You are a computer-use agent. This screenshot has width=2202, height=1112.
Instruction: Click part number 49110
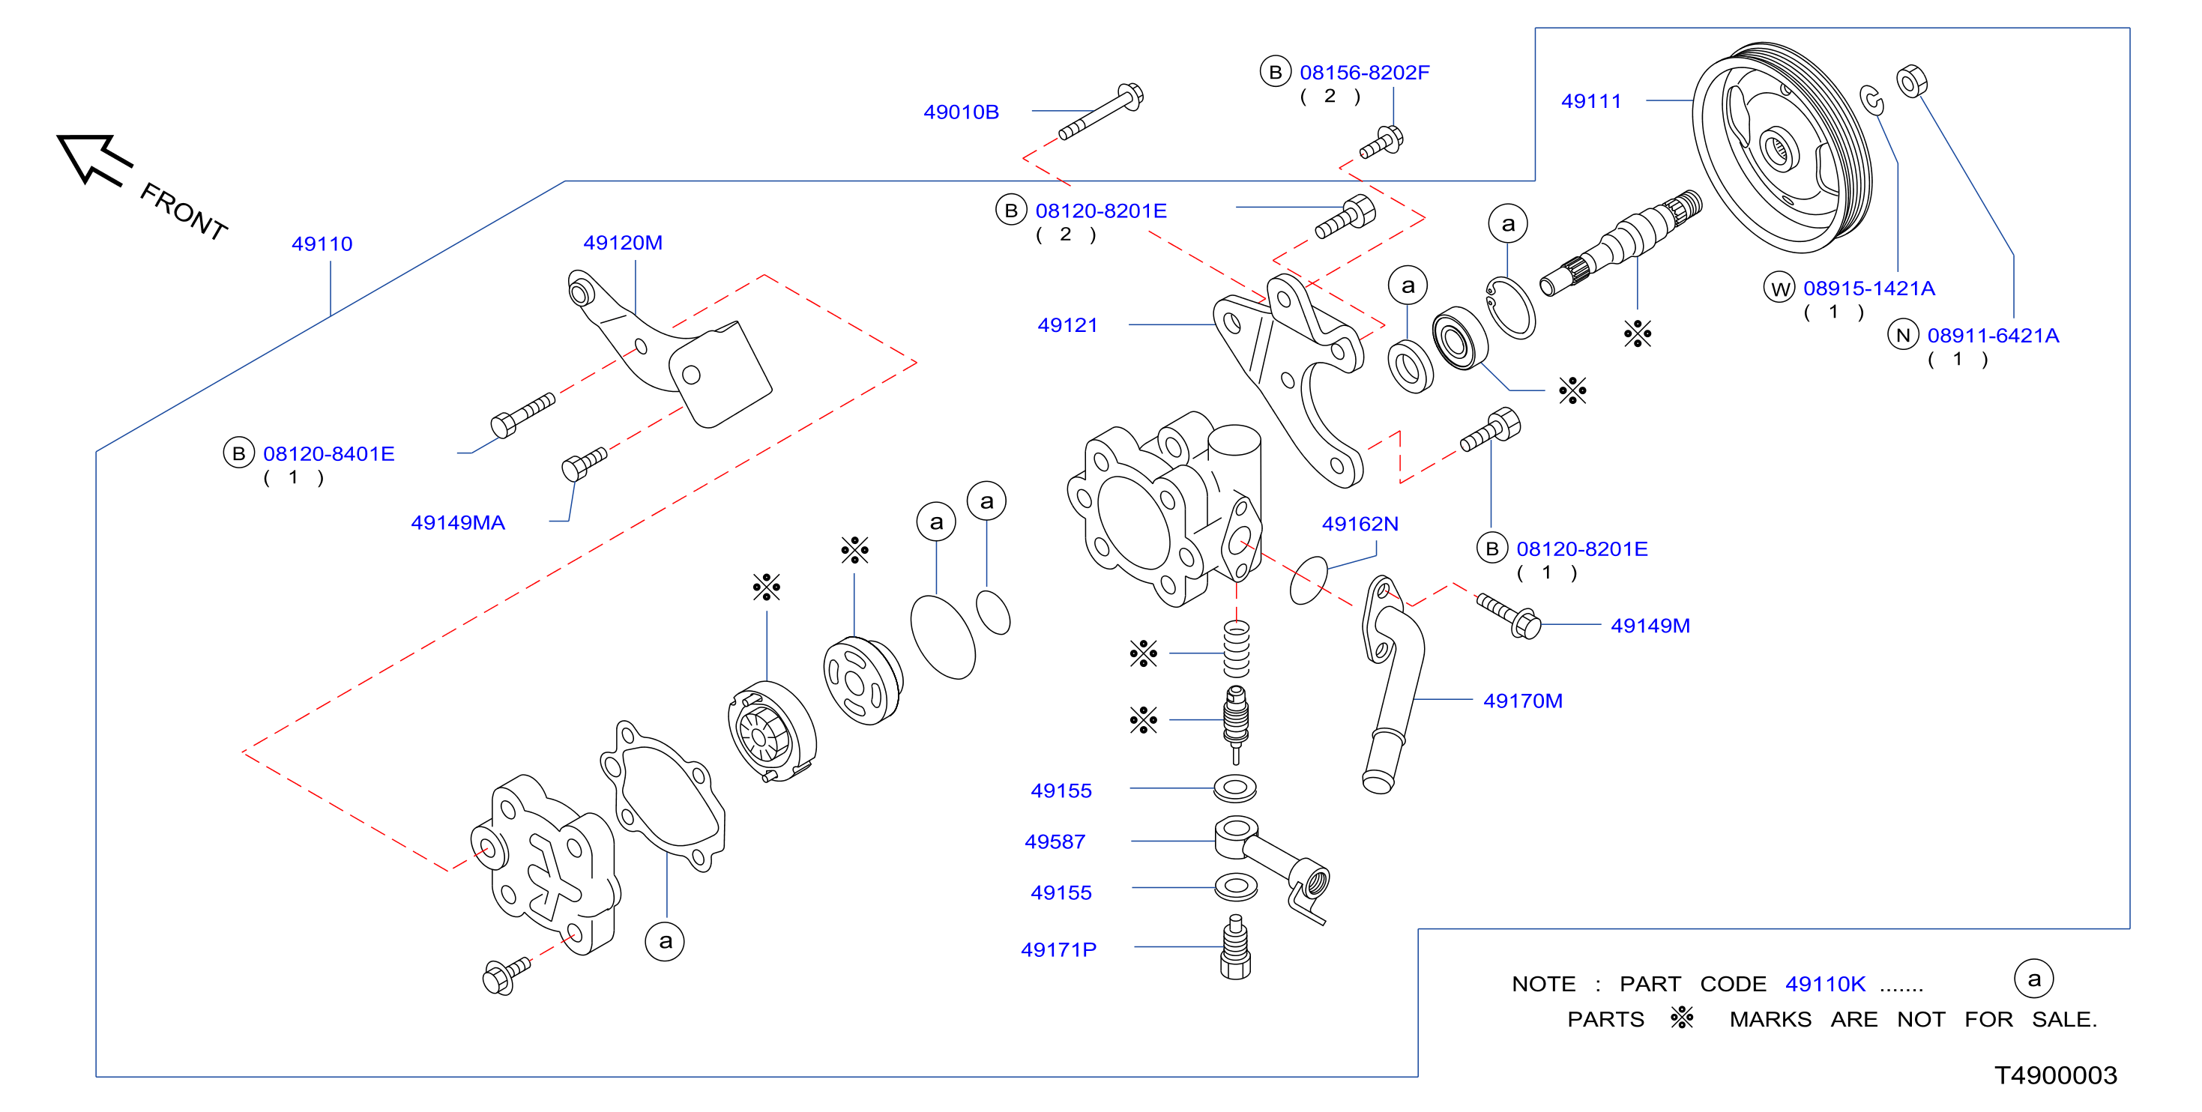tap(322, 244)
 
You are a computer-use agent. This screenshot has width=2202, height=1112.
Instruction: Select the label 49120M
tap(622, 243)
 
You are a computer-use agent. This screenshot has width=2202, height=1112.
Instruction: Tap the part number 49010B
tap(961, 112)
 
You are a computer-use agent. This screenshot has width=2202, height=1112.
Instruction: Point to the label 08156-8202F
tap(1364, 73)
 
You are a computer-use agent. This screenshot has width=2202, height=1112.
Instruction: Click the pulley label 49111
tap(1591, 101)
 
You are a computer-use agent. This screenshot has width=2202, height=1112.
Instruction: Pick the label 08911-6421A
tap(1993, 335)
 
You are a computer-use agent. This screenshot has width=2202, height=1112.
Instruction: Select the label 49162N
tap(1360, 524)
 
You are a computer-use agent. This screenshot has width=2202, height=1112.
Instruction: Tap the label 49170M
tap(1522, 701)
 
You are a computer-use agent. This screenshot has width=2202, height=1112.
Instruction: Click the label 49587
tap(1055, 842)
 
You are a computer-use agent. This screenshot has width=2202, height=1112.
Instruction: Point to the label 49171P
tap(1058, 949)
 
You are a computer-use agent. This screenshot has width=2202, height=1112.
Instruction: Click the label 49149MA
tap(457, 522)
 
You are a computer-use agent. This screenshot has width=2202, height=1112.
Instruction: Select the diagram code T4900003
tap(2056, 1075)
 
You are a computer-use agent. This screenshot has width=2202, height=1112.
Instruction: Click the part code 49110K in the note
tap(1825, 984)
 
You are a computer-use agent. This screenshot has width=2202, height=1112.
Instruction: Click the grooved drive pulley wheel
tap(1782, 147)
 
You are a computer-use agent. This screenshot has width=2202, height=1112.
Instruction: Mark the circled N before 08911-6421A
tap(1903, 335)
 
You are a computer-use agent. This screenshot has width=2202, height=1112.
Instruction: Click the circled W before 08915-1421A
tap(1780, 288)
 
